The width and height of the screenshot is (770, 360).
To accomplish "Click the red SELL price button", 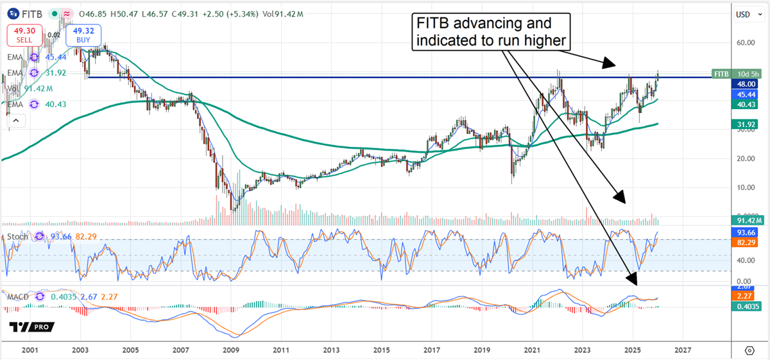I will click(25, 35).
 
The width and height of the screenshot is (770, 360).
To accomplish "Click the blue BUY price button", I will click(82, 35).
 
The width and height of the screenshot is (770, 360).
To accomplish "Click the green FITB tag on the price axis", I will click(721, 73).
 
